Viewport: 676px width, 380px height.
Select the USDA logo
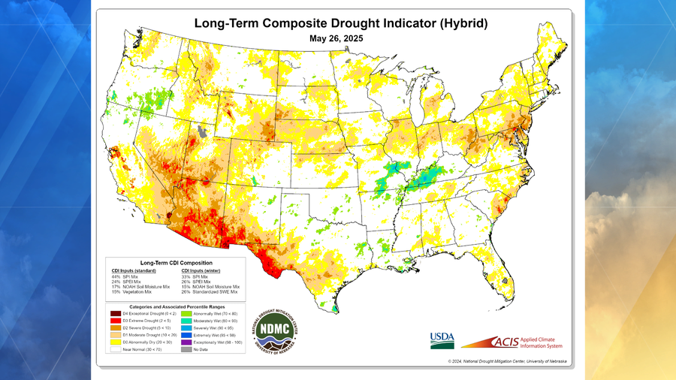(x=441, y=339)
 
